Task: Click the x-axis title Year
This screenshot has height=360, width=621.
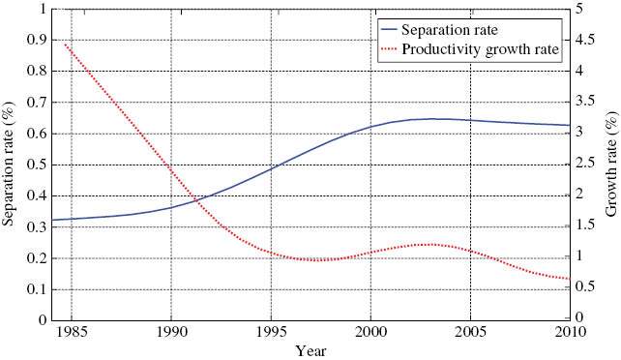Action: click(x=310, y=350)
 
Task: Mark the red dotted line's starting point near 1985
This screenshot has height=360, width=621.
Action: click(x=65, y=45)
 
